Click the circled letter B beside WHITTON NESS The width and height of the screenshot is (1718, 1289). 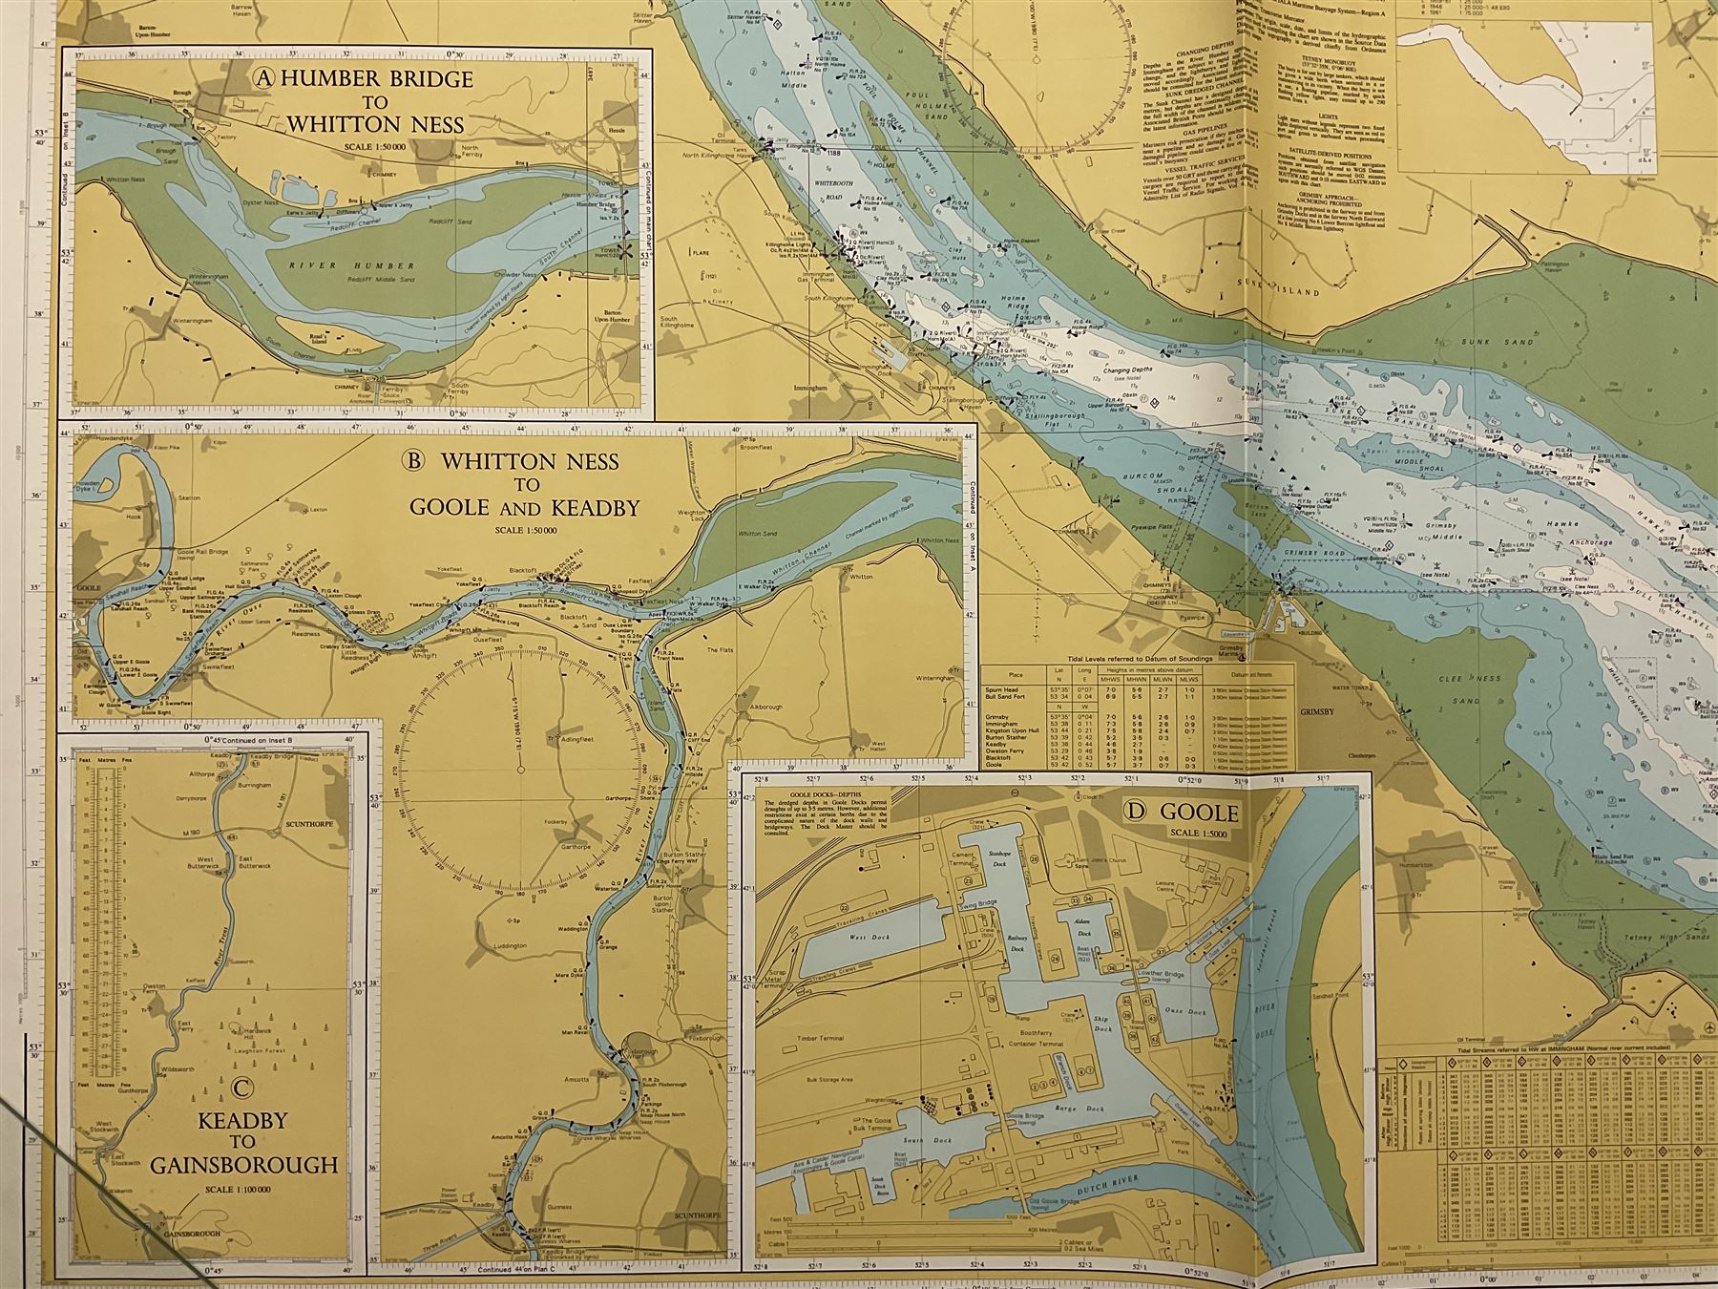pos(413,462)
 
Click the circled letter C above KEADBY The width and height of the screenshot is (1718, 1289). pos(241,1087)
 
